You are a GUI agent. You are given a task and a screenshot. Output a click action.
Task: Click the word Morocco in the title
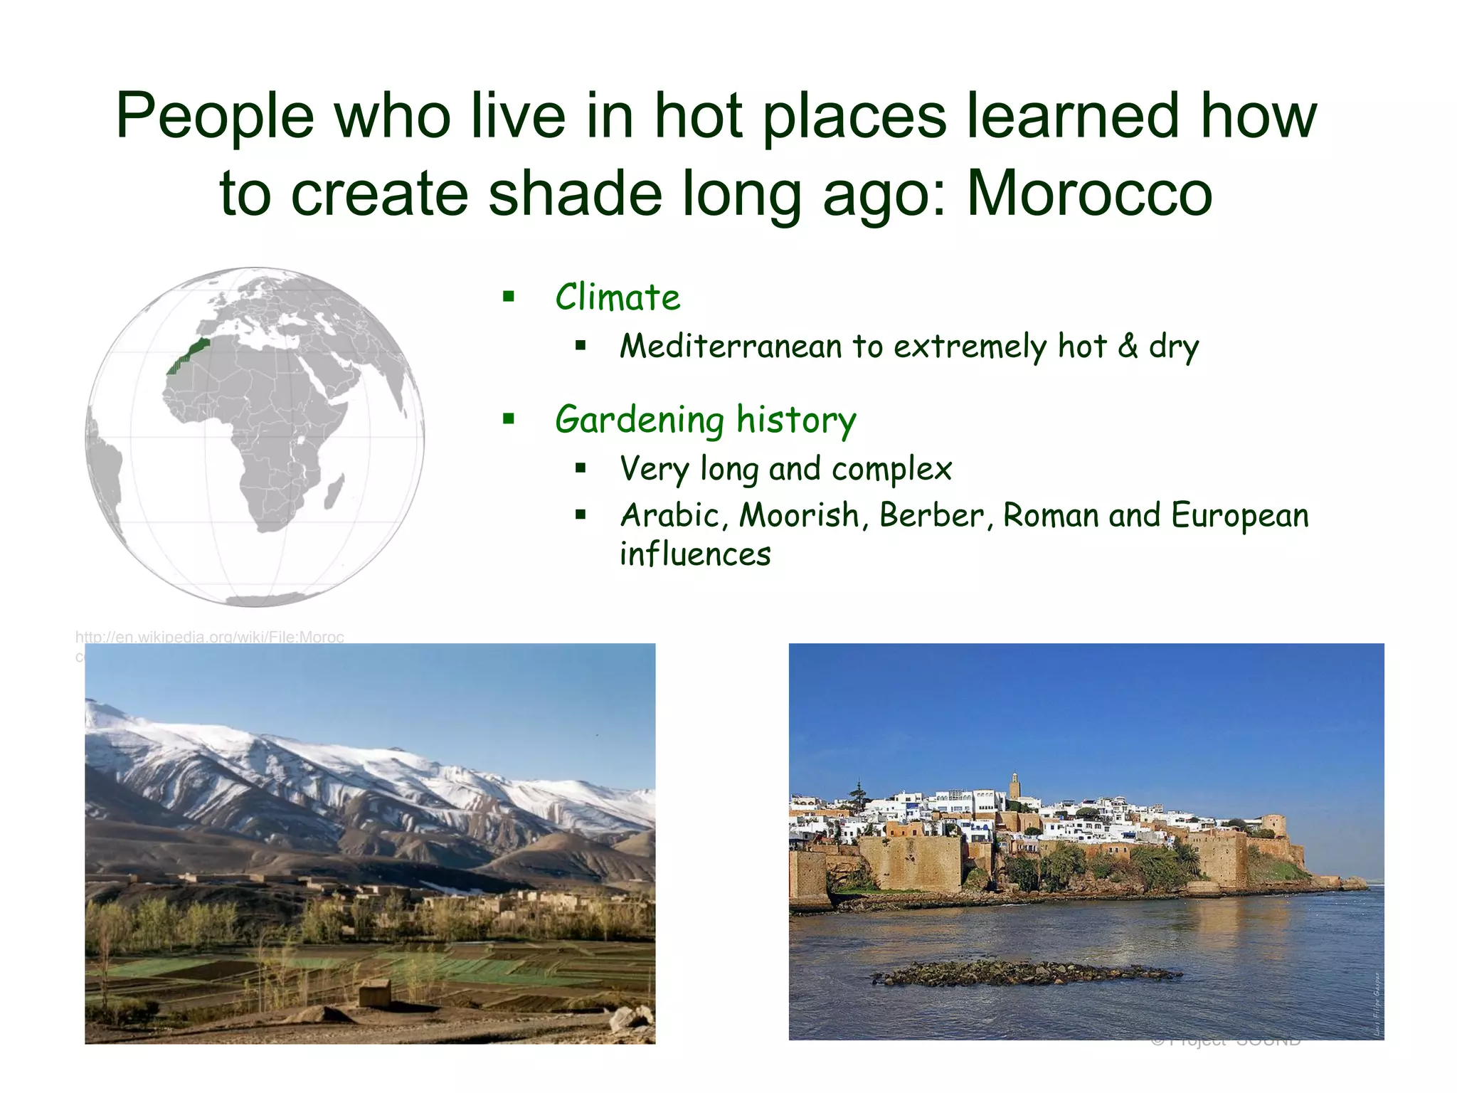1089,193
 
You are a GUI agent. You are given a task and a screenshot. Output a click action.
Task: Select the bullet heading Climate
618,297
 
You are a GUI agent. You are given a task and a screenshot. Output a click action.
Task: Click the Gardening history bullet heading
706,419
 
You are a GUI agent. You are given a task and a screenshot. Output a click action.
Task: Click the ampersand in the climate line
1128,346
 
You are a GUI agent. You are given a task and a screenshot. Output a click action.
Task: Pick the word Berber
931,515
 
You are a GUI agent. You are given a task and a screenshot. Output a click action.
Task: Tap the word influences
695,554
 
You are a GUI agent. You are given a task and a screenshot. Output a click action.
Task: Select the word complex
891,469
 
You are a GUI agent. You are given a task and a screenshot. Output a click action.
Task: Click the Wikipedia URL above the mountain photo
209,637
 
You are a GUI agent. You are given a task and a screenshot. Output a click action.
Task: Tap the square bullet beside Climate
508,296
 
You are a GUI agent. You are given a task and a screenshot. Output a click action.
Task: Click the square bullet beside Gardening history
508,418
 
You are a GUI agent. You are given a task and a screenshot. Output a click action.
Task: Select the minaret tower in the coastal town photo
1014,788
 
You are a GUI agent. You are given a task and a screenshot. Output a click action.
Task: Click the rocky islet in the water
1024,973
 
